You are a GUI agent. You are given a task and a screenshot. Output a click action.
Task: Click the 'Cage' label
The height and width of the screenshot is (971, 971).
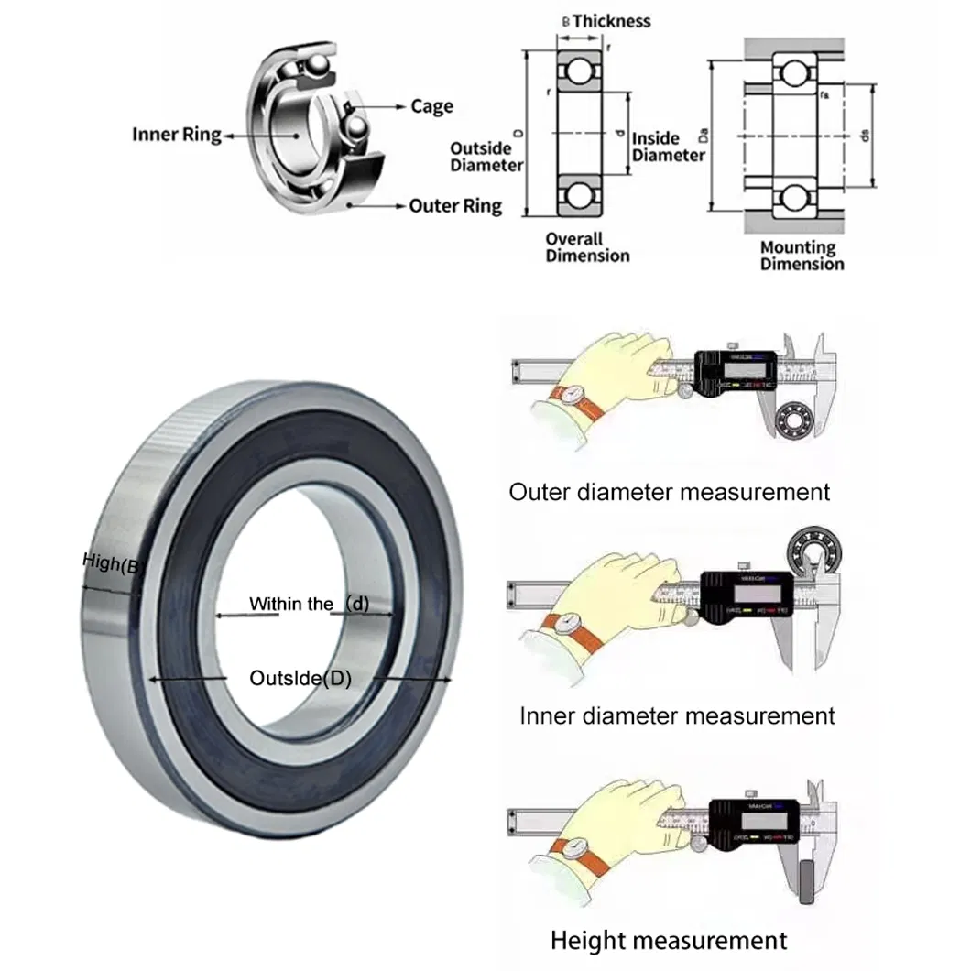click(431, 106)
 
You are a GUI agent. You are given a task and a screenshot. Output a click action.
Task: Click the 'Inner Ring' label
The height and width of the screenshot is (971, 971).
click(176, 135)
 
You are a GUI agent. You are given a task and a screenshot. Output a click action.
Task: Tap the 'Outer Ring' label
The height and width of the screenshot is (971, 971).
click(455, 205)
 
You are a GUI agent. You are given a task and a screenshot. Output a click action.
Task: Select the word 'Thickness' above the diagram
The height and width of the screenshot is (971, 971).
click(611, 20)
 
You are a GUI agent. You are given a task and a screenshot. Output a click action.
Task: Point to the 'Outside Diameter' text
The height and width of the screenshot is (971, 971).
click(486, 157)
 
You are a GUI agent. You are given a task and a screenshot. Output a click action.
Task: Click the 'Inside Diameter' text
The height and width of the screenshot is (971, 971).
click(669, 147)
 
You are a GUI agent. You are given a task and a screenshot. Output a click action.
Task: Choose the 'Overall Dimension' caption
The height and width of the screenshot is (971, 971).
click(587, 247)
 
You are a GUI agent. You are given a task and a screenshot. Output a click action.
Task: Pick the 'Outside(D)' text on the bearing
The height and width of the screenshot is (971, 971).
click(300, 679)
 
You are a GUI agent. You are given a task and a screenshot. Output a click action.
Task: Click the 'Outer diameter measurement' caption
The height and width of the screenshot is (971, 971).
click(669, 492)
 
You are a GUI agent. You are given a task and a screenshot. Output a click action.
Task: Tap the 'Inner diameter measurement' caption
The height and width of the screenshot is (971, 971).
click(677, 715)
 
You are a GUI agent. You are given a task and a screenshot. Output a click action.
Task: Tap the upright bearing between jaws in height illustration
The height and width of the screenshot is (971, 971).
click(808, 883)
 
